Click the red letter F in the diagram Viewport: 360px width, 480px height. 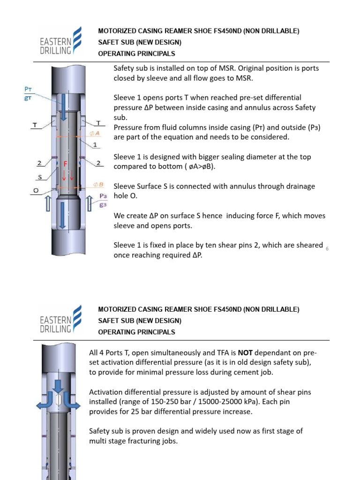66,165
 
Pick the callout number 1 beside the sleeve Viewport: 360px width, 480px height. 95,146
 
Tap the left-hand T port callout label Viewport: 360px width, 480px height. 34,125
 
